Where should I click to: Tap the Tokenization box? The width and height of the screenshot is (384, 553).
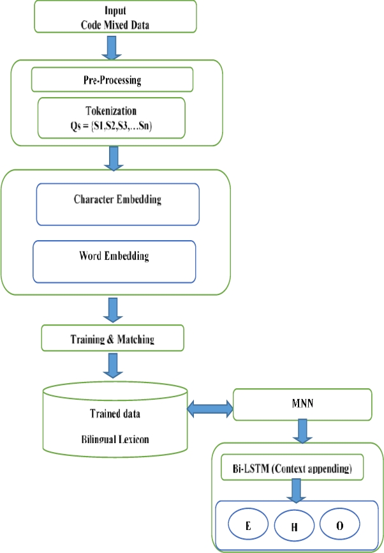112,117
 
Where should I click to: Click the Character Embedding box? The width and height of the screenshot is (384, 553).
117,204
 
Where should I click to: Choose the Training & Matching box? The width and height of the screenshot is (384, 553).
112,338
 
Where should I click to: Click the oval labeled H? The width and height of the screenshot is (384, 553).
295,527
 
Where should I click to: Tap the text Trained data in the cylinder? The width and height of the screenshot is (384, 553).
115,414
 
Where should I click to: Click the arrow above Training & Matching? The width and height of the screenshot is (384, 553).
114,310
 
